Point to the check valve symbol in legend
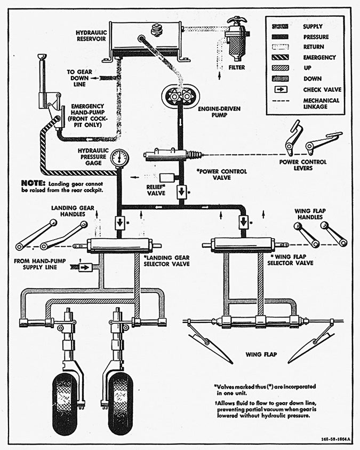tap(279, 89)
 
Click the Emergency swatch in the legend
tap(279, 57)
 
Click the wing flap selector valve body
tap(243, 244)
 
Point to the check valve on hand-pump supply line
tap(85, 267)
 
